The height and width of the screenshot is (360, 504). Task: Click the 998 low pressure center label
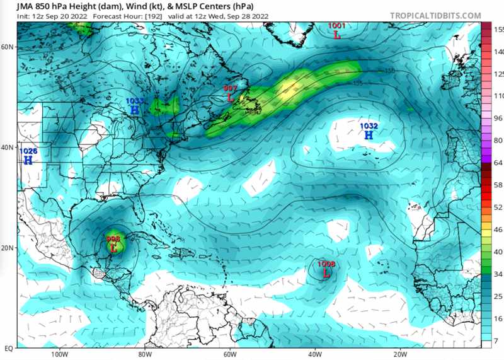[x=113, y=239]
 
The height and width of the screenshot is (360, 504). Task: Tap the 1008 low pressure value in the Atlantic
[x=326, y=264]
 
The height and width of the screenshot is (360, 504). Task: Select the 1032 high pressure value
[x=369, y=126]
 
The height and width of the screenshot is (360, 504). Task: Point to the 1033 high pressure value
[x=134, y=101]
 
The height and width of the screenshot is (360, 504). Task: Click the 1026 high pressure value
[x=28, y=151]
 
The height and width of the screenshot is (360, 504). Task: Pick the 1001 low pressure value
[x=337, y=26]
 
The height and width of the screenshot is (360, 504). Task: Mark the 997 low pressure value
[x=231, y=88]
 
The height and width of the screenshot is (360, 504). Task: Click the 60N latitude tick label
[x=8, y=47]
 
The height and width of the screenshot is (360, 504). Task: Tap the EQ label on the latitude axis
[x=9, y=348]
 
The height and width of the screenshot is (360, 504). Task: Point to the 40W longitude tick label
[x=314, y=354]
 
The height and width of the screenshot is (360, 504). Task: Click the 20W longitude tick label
[x=400, y=354]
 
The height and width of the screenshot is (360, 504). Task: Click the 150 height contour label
[x=390, y=71]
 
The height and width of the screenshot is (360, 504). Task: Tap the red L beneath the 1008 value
[x=326, y=274]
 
